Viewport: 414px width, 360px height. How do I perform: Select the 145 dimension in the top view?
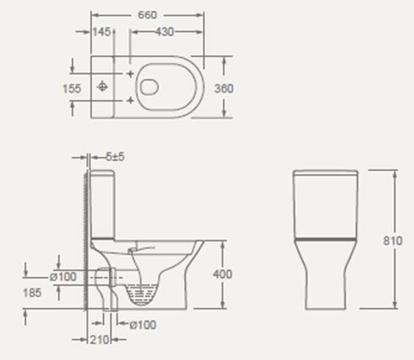coord(102,32)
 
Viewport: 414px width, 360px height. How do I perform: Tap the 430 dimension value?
coord(165,32)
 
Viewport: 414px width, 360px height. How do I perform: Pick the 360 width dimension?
coord(224,88)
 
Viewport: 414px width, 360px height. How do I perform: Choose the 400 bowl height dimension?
coord(223,274)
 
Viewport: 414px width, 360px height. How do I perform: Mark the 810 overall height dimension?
coord(393,240)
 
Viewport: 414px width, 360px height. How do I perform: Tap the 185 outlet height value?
coord(33,292)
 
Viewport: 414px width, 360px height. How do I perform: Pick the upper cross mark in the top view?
coord(130,75)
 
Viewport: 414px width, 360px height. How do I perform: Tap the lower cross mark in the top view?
coord(130,99)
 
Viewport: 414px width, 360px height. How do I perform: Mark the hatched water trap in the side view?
coord(141,295)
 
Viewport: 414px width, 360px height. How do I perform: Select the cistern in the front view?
coord(326,204)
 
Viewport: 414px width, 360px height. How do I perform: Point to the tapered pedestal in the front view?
coord(326,276)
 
